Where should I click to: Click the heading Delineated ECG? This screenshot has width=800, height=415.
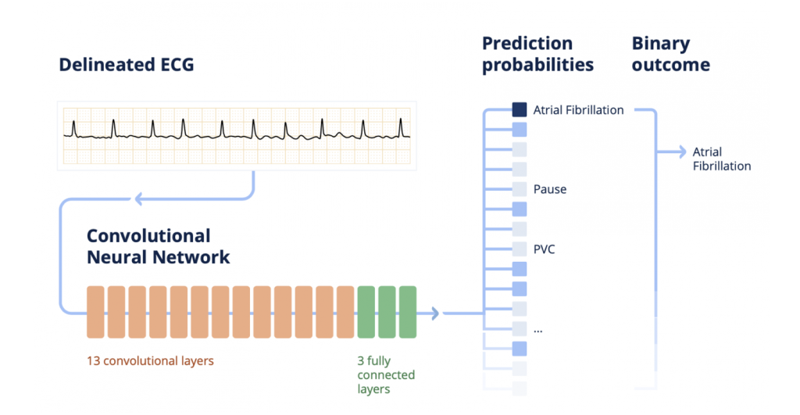coord(126,65)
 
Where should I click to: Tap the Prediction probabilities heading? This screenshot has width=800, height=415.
coord(537,54)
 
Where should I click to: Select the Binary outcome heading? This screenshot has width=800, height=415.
coord(670,54)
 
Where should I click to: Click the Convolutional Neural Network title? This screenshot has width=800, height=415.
coord(158,246)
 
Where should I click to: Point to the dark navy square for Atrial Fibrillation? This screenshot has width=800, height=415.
coord(520,110)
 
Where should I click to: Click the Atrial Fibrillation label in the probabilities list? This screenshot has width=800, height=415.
coord(578,110)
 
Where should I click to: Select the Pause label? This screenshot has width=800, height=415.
coord(550,189)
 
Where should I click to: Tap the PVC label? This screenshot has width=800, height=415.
coord(544,249)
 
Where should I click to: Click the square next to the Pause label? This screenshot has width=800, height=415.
coord(520,189)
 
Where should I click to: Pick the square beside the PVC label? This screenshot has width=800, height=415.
coord(520,249)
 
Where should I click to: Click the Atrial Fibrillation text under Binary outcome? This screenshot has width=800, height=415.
coord(721,159)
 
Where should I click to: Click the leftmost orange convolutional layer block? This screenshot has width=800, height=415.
coord(95,313)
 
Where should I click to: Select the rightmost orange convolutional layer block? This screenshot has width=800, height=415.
coord(345,313)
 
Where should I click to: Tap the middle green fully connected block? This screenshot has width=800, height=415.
coord(387,313)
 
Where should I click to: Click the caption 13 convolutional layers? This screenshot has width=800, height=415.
coord(150,362)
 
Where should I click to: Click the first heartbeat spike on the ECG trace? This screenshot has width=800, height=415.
coord(73,125)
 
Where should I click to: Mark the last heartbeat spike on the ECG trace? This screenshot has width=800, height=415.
coord(401,125)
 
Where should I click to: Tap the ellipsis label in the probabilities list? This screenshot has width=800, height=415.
coord(537,330)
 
